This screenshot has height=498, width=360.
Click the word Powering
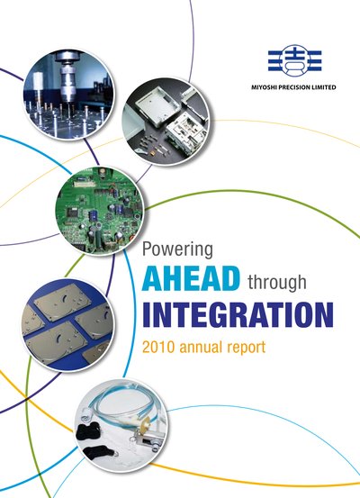(x=177, y=250)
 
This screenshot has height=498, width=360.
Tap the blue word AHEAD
(x=191, y=279)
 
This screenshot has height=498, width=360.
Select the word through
(x=277, y=283)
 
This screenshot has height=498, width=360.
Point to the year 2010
(x=158, y=347)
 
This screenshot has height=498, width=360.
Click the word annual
(x=201, y=347)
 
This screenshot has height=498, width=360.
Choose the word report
(x=246, y=349)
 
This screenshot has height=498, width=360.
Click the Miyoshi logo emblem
(x=295, y=60)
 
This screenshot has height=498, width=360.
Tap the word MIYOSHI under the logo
(x=264, y=87)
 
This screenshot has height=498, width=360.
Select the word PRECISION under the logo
(x=293, y=87)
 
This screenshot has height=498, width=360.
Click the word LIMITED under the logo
(x=323, y=87)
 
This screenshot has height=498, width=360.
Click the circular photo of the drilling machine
(x=68, y=95)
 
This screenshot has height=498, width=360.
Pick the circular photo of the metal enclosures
(x=166, y=122)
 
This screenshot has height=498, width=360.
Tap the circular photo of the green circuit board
(x=100, y=210)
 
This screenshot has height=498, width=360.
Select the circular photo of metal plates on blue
(x=67, y=324)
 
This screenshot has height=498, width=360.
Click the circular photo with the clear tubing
(x=121, y=426)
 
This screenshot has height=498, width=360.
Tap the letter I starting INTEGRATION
(x=147, y=314)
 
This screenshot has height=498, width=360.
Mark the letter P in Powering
(x=146, y=249)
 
